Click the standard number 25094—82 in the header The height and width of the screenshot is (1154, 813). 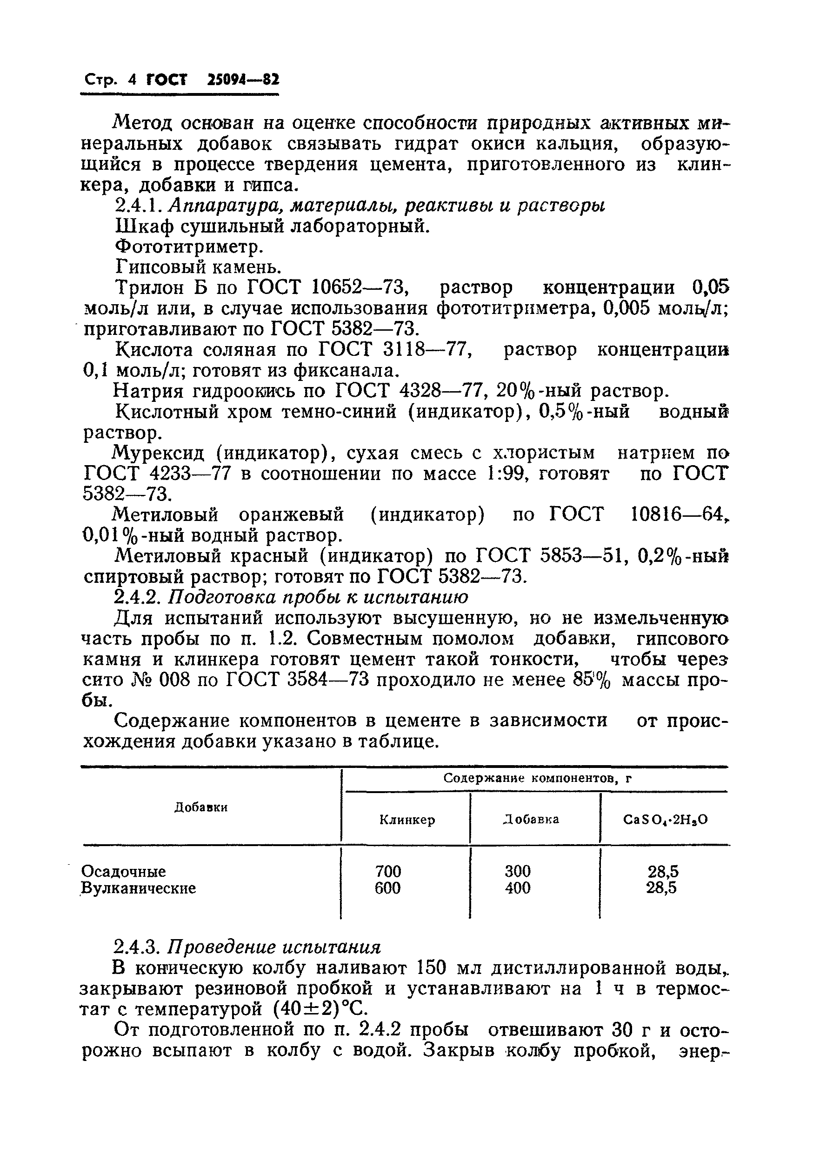(243, 80)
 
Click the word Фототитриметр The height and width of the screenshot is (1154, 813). (189, 247)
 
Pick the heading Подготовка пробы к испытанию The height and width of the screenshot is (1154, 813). (318, 598)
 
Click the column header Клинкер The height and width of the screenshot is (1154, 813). (406, 820)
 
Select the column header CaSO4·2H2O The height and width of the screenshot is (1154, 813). (665, 820)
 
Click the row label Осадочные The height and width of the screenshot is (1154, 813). (124, 871)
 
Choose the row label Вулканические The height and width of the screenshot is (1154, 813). (139, 888)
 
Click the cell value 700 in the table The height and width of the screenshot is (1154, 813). (388, 871)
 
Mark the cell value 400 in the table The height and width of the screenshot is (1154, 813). (518, 888)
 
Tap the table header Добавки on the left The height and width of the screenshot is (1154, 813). (200, 807)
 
